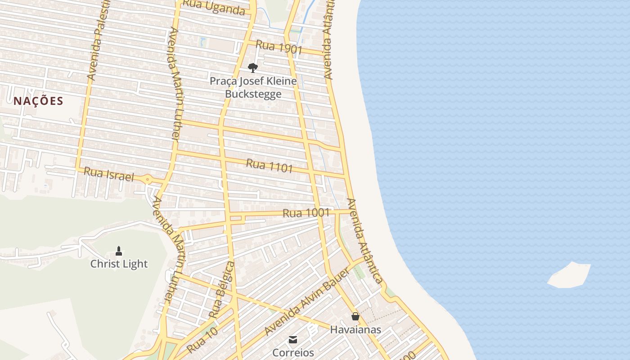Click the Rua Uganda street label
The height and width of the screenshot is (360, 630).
(215, 7)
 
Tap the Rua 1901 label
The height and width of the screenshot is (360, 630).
(279, 47)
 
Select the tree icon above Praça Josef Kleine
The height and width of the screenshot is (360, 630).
(253, 68)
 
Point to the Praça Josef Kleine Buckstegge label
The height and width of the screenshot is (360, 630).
(253, 88)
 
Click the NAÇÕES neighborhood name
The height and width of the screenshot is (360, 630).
(38, 101)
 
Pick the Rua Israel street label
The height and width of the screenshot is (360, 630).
(109, 175)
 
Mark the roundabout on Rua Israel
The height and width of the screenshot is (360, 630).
(148, 180)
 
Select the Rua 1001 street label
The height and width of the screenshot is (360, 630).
(306, 213)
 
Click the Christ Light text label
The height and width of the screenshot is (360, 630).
(119, 264)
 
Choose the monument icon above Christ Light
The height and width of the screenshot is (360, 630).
(119, 251)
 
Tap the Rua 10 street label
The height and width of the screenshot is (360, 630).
(202, 340)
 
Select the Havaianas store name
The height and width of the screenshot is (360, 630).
(355, 330)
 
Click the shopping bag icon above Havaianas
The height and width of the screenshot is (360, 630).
(355, 316)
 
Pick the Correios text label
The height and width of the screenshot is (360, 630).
(293, 352)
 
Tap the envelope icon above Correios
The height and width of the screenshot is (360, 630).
(293, 339)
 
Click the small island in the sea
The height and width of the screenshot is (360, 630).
(569, 275)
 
